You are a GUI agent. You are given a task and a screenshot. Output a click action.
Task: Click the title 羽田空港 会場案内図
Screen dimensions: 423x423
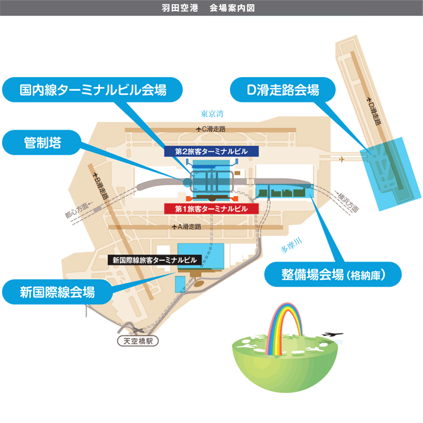pyautogui.click(x=211, y=8)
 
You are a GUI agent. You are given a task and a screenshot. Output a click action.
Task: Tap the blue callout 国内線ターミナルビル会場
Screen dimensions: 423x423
pyautogui.click(x=93, y=90)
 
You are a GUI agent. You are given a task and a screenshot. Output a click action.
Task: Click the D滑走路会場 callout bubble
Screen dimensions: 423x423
pyautogui.click(x=283, y=90)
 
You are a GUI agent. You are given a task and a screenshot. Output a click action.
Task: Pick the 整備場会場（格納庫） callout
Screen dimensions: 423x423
pyautogui.click(x=333, y=275)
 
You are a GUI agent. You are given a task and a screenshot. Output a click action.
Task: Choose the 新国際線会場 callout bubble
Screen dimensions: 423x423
pyautogui.click(x=57, y=290)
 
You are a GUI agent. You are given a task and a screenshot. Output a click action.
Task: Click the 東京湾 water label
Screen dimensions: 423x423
pyautogui.click(x=213, y=113)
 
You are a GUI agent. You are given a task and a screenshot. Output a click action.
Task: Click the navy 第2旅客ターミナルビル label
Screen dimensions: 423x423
pyautogui.click(x=211, y=151)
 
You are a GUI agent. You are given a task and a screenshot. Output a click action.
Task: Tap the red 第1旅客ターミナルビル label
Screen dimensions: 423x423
pyautogui.click(x=211, y=208)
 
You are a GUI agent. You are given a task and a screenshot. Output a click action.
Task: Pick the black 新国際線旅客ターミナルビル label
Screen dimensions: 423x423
pyautogui.click(x=153, y=260)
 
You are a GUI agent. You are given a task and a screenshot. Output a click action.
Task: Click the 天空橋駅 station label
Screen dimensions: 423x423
pyautogui.click(x=137, y=341)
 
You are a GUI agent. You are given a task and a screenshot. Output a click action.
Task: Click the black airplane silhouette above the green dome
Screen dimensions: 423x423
pyautogui.click(x=332, y=335)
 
